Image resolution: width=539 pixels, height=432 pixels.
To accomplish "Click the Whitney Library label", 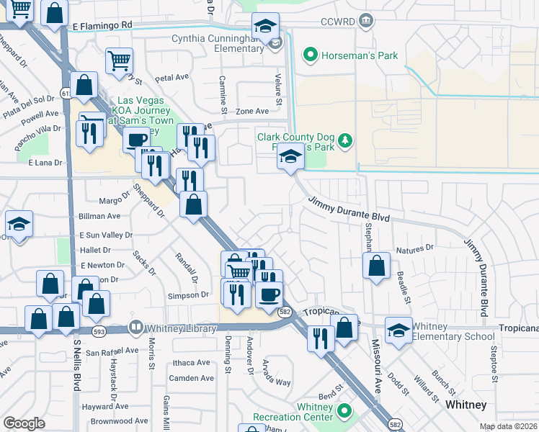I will pos(180,329).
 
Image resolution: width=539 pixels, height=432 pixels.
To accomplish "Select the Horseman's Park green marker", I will pos(310,54).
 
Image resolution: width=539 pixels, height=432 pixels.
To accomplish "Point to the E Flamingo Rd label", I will pos(103,24).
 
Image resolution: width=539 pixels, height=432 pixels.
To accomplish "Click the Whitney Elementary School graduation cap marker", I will pos(398,329).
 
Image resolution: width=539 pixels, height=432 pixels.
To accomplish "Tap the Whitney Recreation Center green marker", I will pos(344,411).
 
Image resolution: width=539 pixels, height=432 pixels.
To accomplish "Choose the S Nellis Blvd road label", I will pos(78,367).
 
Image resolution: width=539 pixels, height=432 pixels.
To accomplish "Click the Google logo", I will pos(24,423).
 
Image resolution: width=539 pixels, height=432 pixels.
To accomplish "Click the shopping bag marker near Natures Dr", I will pos(377,266).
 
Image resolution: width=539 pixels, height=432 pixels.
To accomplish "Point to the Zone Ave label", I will pos(252,111).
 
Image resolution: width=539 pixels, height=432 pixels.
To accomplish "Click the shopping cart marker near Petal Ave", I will pos(119,60).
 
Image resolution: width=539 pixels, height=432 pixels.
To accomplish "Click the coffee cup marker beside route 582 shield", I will pos(269,295).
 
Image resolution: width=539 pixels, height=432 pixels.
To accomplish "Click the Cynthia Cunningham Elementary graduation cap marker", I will pos(265,27).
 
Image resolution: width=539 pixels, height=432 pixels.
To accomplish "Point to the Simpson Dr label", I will pos(189,295).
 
